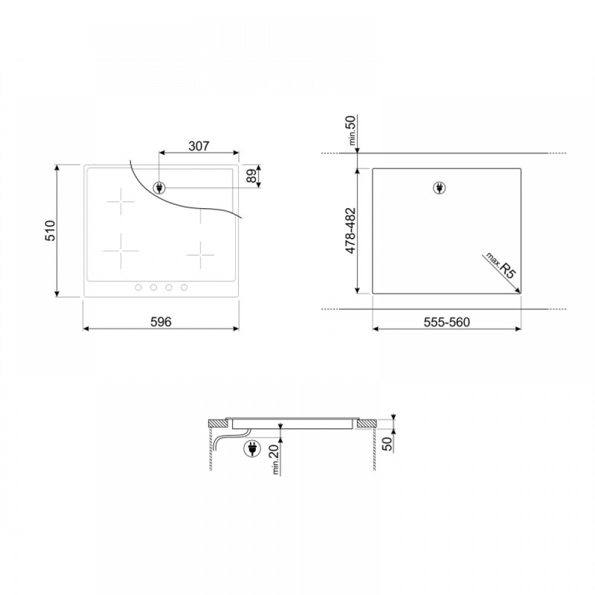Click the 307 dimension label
click(x=199, y=146)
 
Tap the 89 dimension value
click(x=252, y=176)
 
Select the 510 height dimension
click(x=50, y=230)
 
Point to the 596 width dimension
click(x=161, y=322)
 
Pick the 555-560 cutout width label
click(x=447, y=322)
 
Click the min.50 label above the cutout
click(x=352, y=130)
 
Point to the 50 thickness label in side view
click(x=387, y=444)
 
